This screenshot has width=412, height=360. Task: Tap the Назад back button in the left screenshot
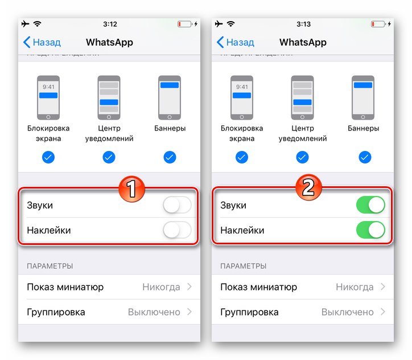click(x=42, y=42)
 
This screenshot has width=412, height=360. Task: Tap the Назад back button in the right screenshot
click(x=235, y=42)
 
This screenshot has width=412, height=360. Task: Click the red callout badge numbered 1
click(x=132, y=189)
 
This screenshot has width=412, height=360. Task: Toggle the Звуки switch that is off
click(x=177, y=206)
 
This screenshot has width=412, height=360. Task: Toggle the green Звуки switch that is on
click(x=370, y=206)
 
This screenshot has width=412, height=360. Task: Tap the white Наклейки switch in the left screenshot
click(x=177, y=230)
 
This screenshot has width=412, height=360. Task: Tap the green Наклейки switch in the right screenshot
click(x=370, y=230)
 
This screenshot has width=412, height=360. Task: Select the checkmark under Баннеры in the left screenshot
click(x=170, y=157)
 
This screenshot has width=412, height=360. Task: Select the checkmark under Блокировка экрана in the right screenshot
click(x=242, y=157)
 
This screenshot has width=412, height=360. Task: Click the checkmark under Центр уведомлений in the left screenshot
click(x=109, y=157)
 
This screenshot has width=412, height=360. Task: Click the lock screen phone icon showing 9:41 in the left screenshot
click(x=48, y=97)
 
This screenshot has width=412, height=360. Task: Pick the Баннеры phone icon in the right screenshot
click(x=363, y=97)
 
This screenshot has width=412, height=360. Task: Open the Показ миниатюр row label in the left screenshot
click(x=65, y=287)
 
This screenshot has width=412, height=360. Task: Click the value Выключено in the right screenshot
click(x=348, y=312)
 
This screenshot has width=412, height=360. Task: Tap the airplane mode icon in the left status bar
click(x=25, y=24)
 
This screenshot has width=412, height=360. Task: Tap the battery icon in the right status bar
click(x=377, y=24)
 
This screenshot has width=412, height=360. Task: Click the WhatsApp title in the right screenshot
click(x=303, y=42)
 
